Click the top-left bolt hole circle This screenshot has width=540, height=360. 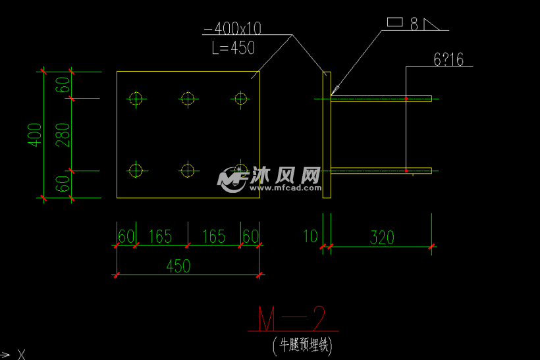click(136, 99)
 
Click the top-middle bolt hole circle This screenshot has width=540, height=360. click(188, 99)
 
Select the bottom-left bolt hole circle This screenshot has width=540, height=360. click(136, 170)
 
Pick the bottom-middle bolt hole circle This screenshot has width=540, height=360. click(188, 170)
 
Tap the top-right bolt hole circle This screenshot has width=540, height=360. click(240, 99)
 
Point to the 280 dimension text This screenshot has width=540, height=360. click(63, 134)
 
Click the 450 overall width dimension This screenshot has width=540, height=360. click(178, 266)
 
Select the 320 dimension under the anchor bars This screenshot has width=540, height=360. click(382, 238)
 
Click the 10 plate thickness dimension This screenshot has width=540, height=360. click(311, 236)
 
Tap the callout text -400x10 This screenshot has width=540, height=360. click(232, 28)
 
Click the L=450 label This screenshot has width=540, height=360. click(233, 48)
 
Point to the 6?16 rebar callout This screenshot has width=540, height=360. click(448, 60)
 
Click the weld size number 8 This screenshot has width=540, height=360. click(414, 24)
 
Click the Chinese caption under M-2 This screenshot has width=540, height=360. click(302, 345)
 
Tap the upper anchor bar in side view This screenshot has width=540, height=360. click(381, 99)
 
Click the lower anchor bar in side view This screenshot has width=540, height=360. click(381, 170)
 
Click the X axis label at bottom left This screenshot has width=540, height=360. click(22, 355)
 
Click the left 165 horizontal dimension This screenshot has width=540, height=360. click(160, 236)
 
